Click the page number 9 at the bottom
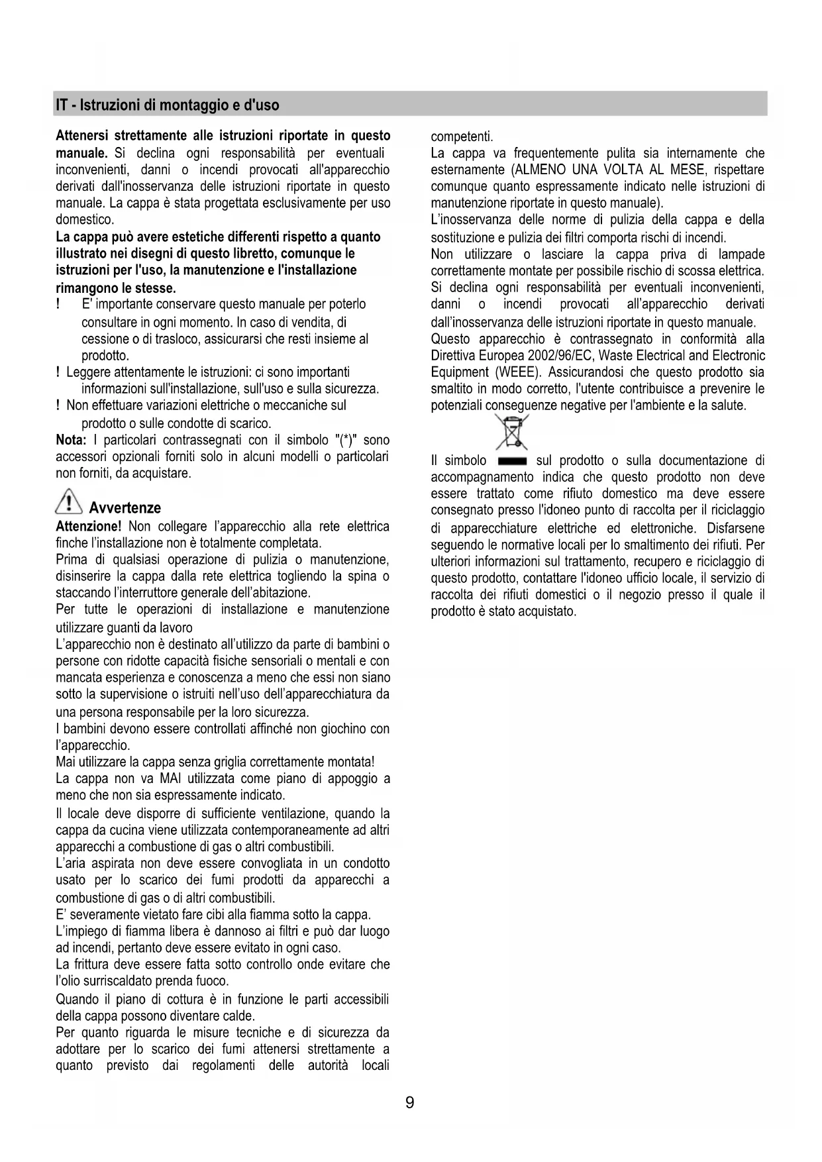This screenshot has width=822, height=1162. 410,1103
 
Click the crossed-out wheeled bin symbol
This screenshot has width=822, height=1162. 511,431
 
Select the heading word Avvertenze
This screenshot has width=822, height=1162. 125,509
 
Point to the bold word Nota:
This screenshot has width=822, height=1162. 71,441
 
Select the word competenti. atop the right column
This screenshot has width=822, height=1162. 462,137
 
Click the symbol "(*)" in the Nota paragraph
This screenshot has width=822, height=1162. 348,441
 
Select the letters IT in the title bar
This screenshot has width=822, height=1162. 62,105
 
